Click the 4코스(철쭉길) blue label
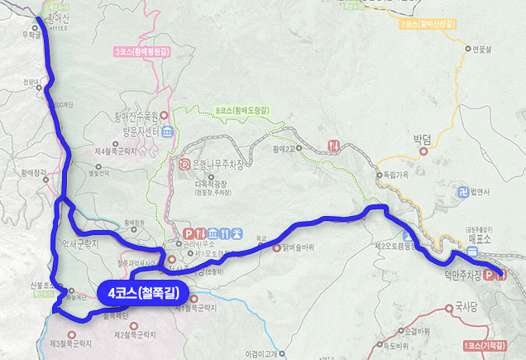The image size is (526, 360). click(x=138, y=292)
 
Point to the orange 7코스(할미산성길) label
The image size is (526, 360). click(x=427, y=25)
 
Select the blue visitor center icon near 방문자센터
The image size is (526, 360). click(x=166, y=132)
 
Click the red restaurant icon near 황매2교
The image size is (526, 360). click(x=334, y=145)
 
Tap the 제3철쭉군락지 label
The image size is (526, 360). click(x=71, y=342)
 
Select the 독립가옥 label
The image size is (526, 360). click(x=396, y=175)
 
